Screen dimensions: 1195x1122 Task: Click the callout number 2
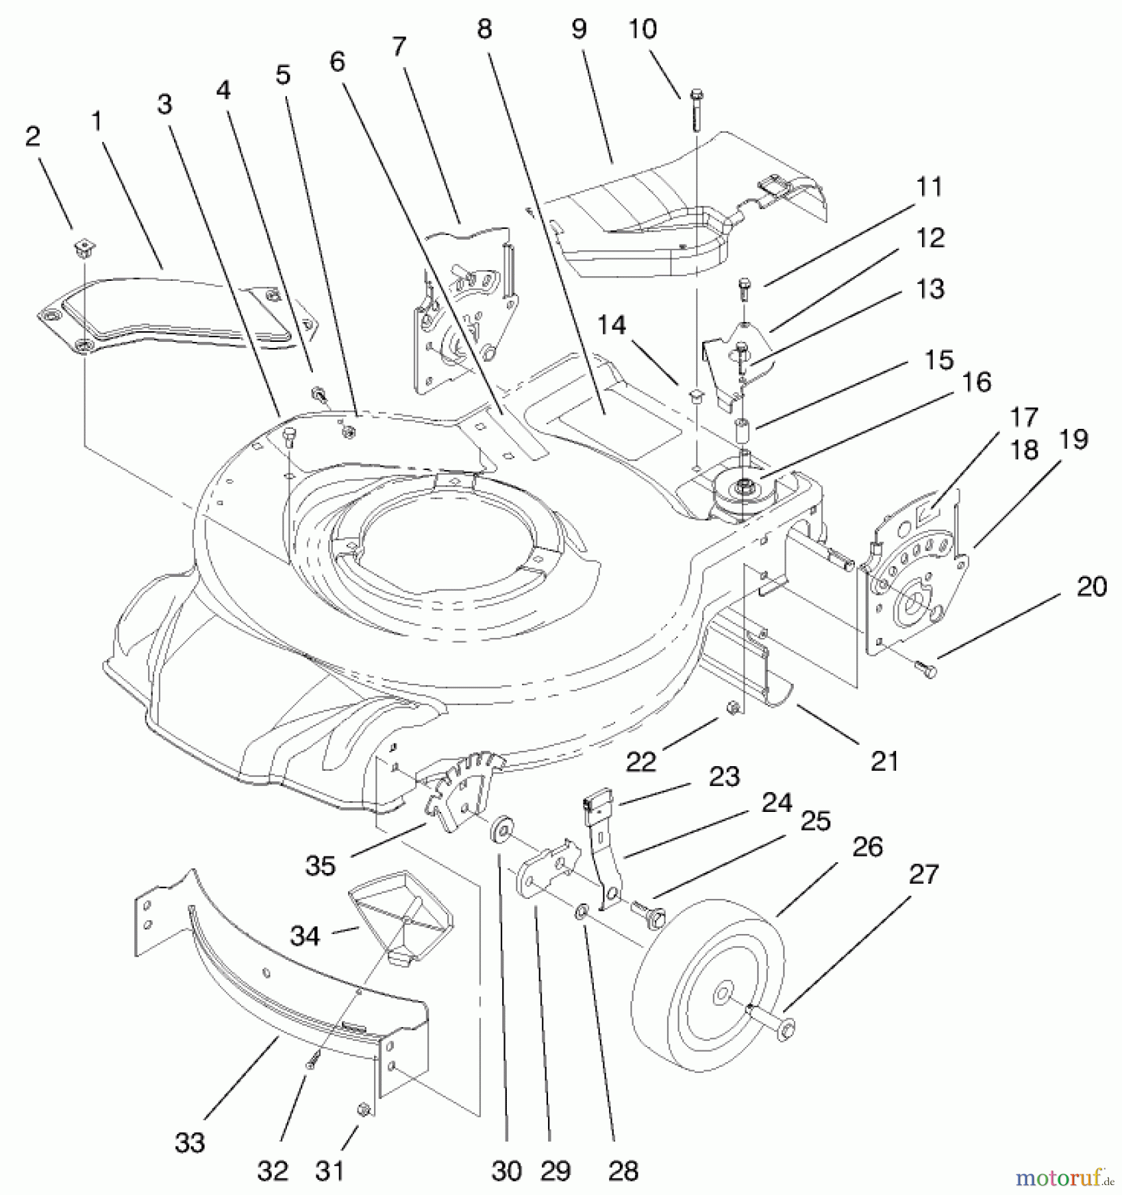(x=33, y=137)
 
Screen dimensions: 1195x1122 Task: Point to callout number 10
(x=642, y=29)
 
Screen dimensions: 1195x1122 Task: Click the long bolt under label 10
(x=696, y=110)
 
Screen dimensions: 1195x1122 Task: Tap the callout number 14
(x=611, y=326)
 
